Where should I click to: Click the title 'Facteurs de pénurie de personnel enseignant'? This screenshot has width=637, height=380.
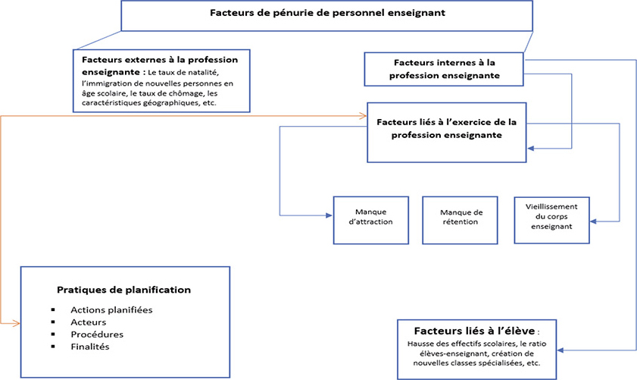pyautogui.click(x=327, y=13)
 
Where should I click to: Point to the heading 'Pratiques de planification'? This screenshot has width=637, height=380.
pyautogui.click(x=124, y=290)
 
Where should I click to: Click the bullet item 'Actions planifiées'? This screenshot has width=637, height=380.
pyautogui.click(x=111, y=310)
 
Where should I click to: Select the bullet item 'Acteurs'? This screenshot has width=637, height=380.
pyautogui.click(x=88, y=322)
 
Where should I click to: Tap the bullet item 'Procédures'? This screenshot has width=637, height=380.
pyautogui.click(x=97, y=334)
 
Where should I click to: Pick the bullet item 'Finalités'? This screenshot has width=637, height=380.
pyautogui.click(x=90, y=347)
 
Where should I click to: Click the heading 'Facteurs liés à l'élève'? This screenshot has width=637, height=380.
pyautogui.click(x=474, y=331)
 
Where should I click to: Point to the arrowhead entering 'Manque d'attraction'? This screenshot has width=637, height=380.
pyautogui.click(x=329, y=215)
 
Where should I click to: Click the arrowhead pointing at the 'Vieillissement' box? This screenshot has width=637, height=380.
pyautogui.click(x=593, y=221)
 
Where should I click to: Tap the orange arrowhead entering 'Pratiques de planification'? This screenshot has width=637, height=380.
pyautogui.click(x=17, y=323)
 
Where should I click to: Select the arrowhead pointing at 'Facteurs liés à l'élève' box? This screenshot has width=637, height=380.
pyautogui.click(x=560, y=350)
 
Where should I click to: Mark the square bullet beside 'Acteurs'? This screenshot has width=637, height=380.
pyautogui.click(x=53, y=322)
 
